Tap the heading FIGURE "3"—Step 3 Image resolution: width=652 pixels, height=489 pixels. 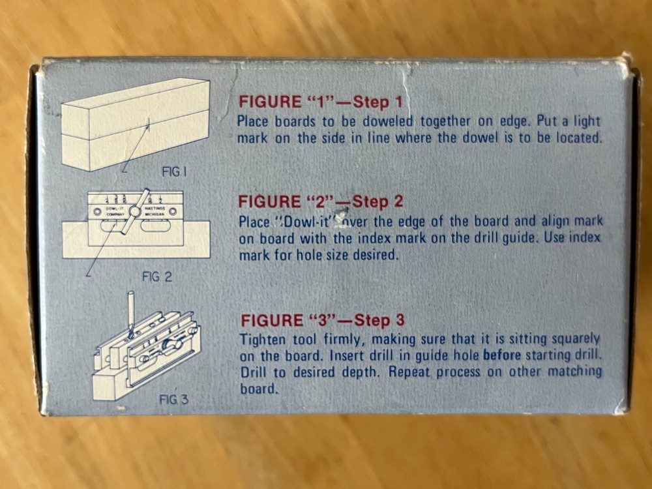pyautogui.click(x=323, y=321)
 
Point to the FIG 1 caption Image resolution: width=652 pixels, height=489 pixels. pyautogui.click(x=173, y=172)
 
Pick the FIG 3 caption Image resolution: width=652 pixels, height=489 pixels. pyautogui.click(x=173, y=400)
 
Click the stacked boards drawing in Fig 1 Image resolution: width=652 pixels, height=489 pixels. pyautogui.click(x=136, y=124)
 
